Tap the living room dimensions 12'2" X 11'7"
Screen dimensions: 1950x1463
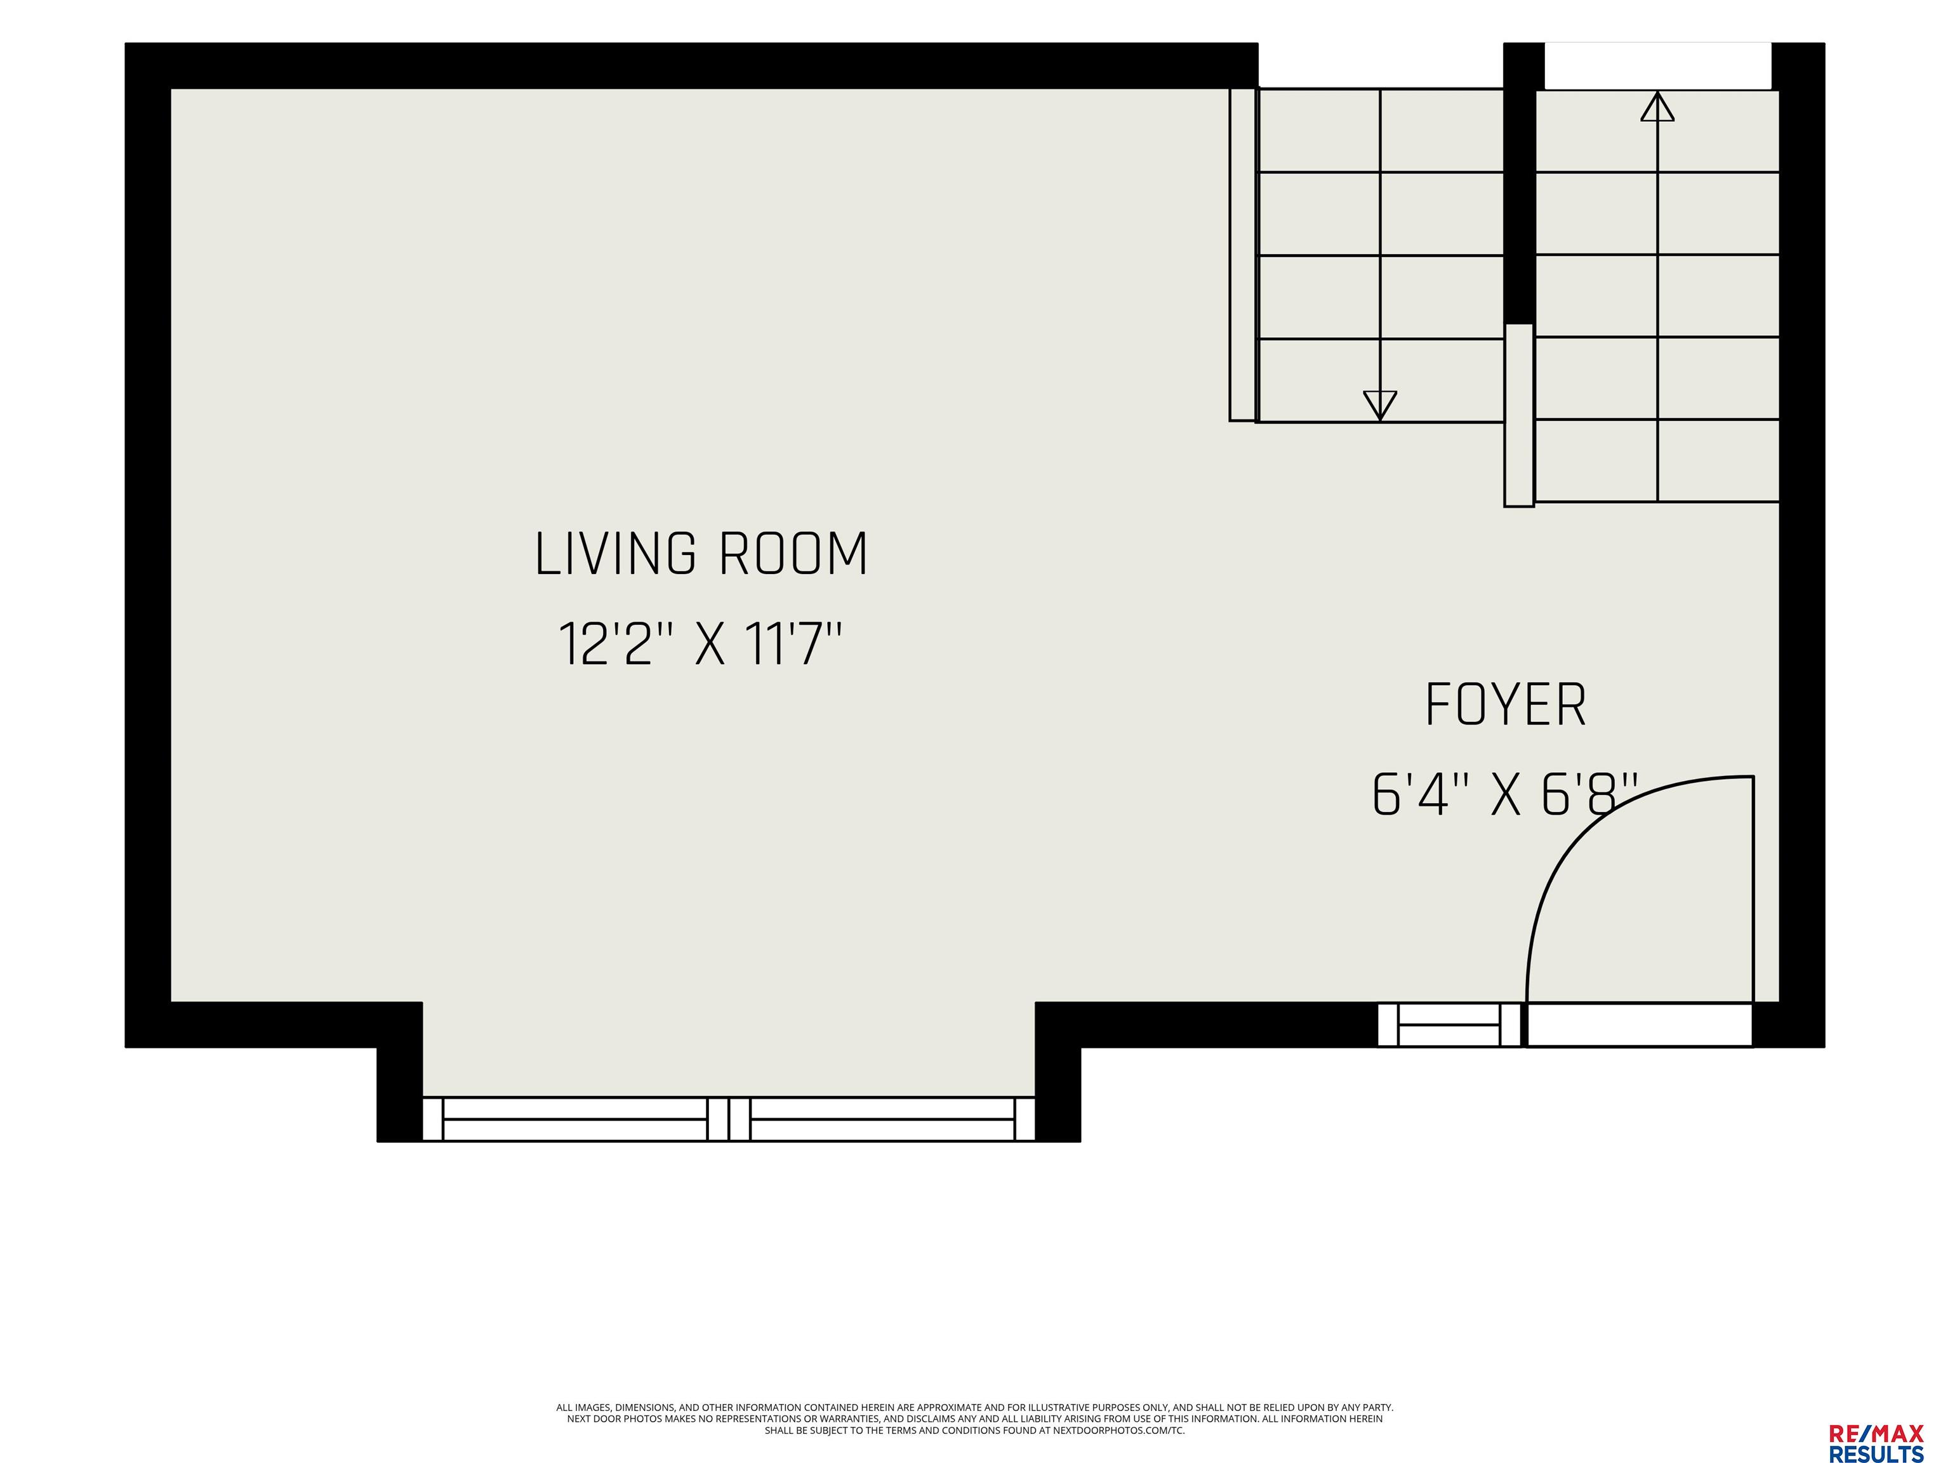pos(701,644)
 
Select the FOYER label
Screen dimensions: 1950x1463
pos(1506,705)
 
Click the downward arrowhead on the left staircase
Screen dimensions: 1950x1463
pos(1379,404)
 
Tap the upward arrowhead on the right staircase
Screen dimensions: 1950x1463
pos(1657,106)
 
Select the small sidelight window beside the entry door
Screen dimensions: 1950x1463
pos(1449,1025)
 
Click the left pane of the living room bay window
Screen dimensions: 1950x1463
pos(574,1119)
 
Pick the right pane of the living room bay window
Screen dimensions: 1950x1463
pos(882,1119)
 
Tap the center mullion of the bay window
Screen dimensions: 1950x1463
pos(729,1119)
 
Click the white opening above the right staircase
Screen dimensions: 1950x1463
pos(1657,66)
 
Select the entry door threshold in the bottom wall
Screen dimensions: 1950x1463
pos(1640,1025)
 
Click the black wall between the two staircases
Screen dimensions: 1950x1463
pos(1519,184)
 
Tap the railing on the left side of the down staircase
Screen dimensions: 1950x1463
pos(1243,254)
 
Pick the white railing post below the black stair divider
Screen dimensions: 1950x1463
pos(1519,415)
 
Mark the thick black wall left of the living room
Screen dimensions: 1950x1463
pos(147,545)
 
